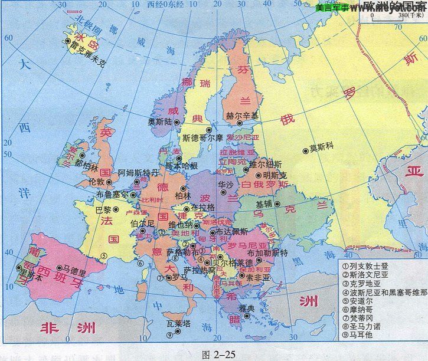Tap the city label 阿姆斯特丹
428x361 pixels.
click(138, 173)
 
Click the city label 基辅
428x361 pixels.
click(264, 204)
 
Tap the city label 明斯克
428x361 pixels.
click(275, 175)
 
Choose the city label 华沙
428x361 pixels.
click(225, 184)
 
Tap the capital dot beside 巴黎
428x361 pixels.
click(116, 209)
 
